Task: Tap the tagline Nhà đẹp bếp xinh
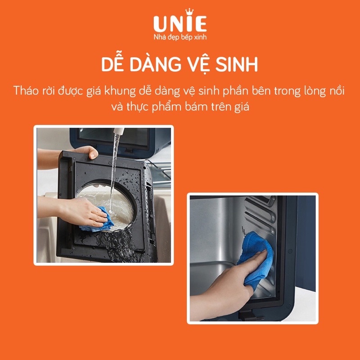pyautogui.click(x=180, y=36)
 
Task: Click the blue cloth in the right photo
pyautogui.click(x=256, y=256)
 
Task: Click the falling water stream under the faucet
pyautogui.click(x=113, y=171)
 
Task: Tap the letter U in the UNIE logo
pyautogui.click(x=161, y=24)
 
